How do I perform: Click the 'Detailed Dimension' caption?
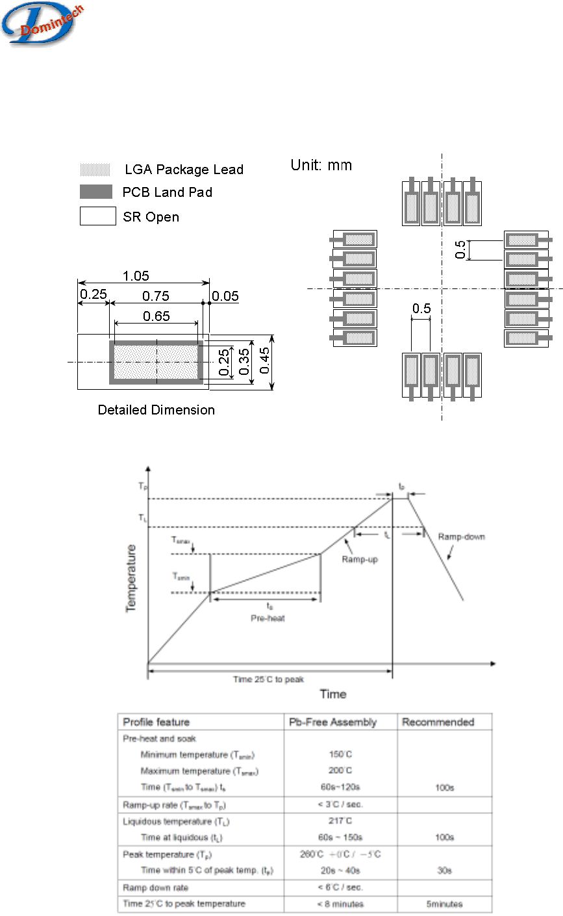coord(156,410)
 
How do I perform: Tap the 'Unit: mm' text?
coord(321,165)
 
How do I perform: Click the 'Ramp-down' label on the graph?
coord(461,537)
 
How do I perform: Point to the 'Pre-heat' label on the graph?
coord(268,618)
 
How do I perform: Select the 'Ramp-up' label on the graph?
coord(360,559)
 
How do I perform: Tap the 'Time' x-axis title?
coord(333,694)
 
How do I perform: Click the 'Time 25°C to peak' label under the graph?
coord(269,680)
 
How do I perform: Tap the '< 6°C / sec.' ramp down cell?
coord(340,887)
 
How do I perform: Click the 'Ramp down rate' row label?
coord(153,887)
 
